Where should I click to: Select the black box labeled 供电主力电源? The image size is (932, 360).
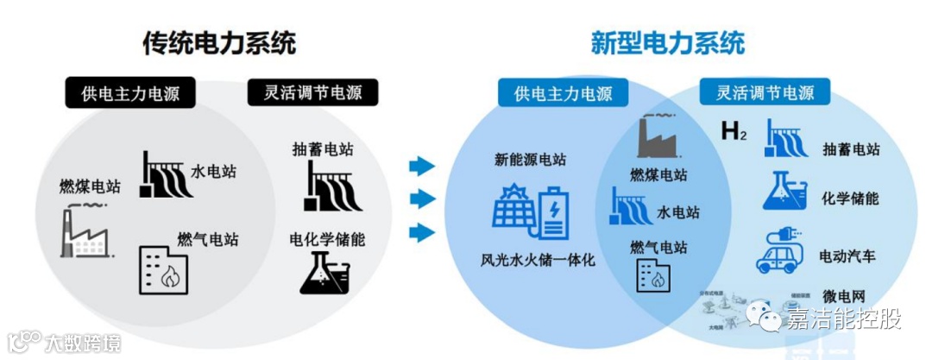point(133,93)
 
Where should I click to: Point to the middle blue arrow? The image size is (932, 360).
point(421,199)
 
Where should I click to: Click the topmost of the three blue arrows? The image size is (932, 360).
point(421,166)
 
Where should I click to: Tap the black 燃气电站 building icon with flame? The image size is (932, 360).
point(163,269)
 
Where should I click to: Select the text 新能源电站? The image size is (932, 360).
point(530,159)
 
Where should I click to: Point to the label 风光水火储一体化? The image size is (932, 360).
point(538,259)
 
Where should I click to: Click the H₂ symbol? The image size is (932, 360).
point(734,133)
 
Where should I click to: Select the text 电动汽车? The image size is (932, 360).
point(847,256)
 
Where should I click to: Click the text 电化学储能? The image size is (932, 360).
point(327,239)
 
